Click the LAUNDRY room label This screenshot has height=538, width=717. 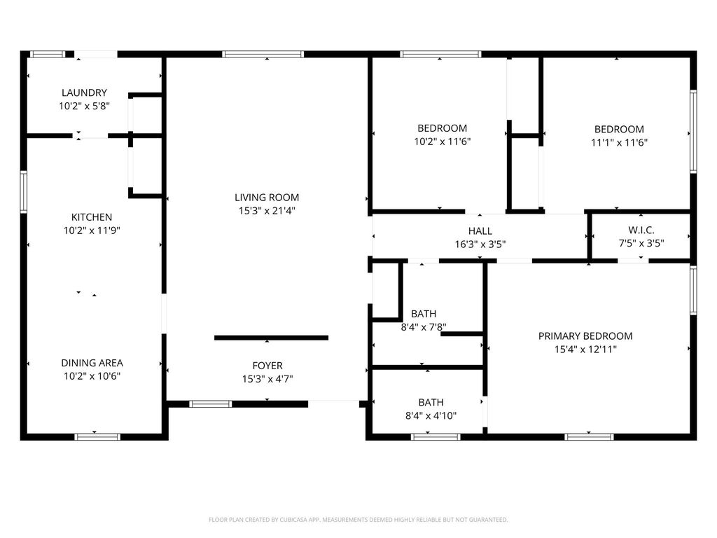point(84,93)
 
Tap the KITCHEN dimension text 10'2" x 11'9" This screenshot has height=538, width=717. point(92,230)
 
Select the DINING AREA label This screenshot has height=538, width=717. point(92,363)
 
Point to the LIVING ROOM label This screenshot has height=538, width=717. point(267,198)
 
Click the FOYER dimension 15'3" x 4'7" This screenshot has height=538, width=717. point(267,379)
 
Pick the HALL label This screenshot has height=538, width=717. point(480,231)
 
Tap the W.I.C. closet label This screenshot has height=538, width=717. point(641,230)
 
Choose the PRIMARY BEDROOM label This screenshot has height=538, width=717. point(585,336)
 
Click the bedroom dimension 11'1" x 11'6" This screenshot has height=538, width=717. point(619,143)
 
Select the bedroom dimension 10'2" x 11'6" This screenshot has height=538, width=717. point(443,142)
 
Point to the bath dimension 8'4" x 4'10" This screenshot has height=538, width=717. point(431,416)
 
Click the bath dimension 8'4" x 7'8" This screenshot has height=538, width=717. point(424,327)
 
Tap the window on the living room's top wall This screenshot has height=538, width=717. point(263,55)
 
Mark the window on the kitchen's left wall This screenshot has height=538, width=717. point(23,192)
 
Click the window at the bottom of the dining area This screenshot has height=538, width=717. point(97,437)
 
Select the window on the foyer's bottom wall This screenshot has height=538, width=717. point(210,404)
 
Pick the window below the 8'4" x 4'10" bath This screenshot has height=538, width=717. point(436,437)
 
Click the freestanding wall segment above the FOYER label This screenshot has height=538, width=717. point(271,338)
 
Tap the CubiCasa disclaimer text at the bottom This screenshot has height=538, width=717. point(358,520)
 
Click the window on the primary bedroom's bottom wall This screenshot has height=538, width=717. point(589,437)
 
